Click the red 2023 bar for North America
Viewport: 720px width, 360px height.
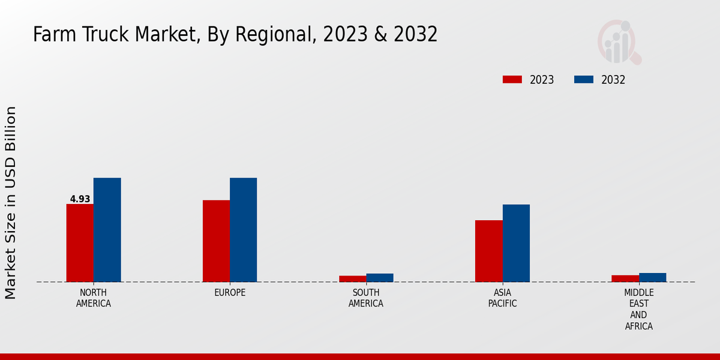tap(80, 243)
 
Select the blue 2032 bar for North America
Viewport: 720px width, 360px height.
tap(107, 230)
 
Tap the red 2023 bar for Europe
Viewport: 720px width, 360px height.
tap(216, 241)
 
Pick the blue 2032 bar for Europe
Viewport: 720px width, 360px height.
tap(244, 230)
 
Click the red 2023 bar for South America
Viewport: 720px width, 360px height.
tap(352, 278)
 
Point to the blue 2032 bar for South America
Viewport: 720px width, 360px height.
tap(380, 278)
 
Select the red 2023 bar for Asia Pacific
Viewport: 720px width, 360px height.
tap(489, 251)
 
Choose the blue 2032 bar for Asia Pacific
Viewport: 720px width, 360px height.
tap(516, 243)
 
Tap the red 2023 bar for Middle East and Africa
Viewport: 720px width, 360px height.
tap(625, 278)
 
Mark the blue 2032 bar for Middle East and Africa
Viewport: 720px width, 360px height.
tap(652, 277)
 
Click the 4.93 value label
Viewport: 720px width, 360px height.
tap(80, 199)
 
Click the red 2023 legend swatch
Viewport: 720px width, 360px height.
tap(512, 80)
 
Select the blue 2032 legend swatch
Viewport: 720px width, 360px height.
tap(584, 80)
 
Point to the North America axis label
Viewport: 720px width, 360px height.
tap(94, 298)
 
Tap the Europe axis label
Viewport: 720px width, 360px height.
tap(230, 293)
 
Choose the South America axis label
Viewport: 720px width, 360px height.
tap(366, 298)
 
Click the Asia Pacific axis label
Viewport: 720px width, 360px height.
tap(503, 298)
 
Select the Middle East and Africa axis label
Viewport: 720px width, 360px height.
tap(639, 310)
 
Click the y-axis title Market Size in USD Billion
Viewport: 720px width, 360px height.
tap(11, 203)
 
